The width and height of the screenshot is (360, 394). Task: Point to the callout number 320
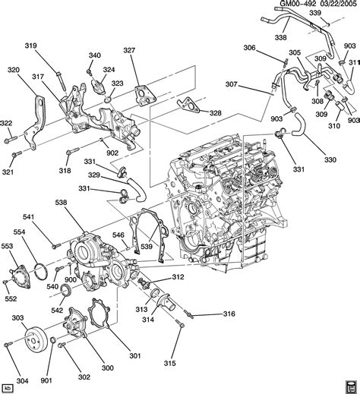point(14,70)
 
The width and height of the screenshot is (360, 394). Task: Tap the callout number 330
point(330,160)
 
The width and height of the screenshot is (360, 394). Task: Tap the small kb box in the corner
point(9,386)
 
